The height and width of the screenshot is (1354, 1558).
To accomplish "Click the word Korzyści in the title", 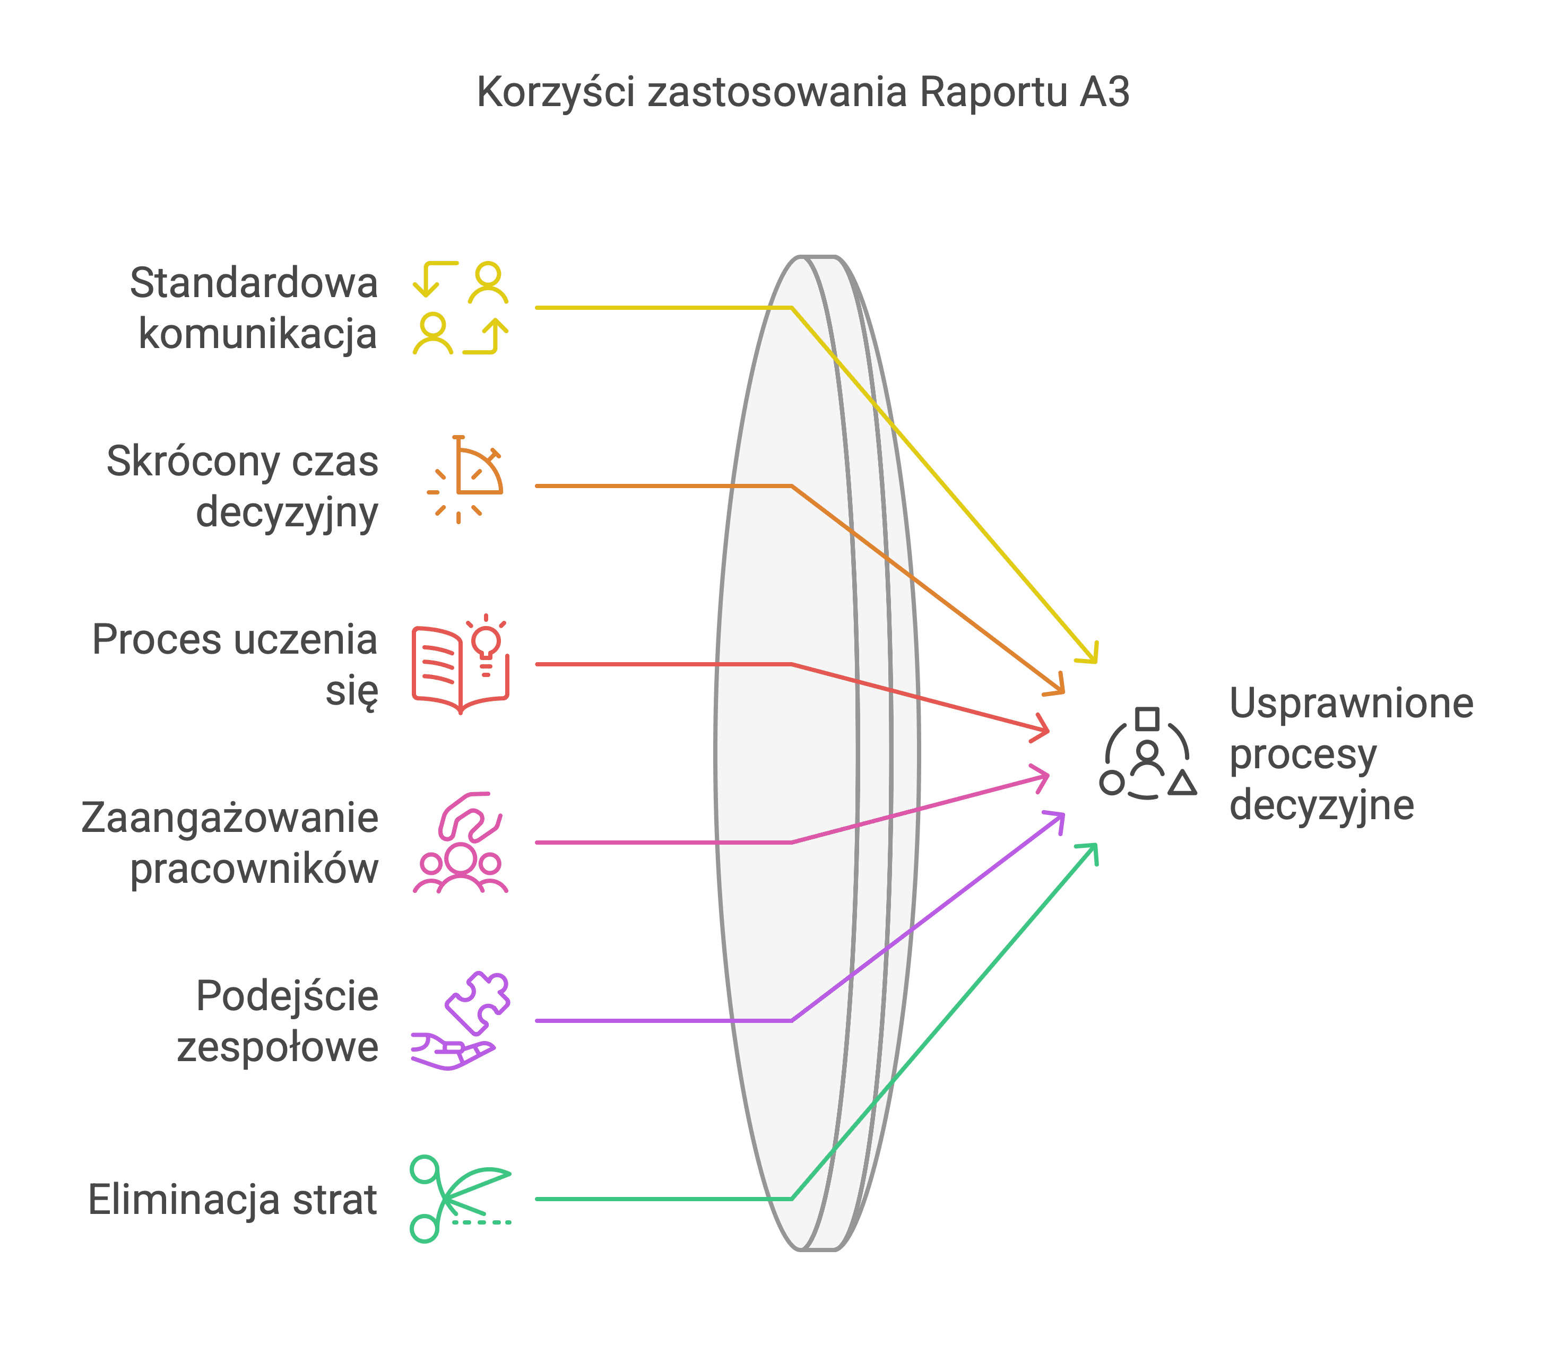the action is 556,93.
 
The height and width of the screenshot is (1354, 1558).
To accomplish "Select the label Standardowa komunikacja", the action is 254,308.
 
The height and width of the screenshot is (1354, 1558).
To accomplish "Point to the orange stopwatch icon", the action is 465,480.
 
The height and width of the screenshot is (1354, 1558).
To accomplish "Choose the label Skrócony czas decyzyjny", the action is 243,487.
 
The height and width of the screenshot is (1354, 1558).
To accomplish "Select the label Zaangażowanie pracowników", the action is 230,843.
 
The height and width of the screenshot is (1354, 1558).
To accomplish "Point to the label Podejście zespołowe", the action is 278,1021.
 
